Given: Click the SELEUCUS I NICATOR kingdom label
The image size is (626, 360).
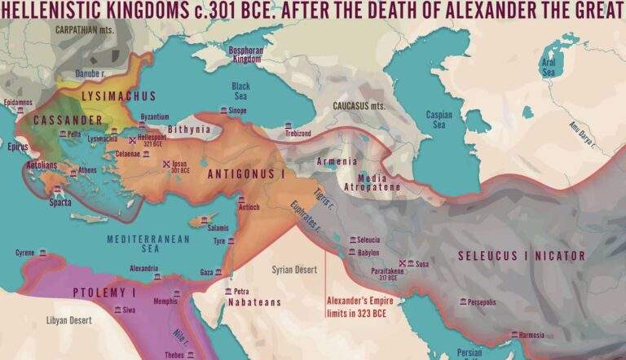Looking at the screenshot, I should (x=521, y=256).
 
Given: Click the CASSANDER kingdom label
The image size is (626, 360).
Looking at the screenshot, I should (x=68, y=120).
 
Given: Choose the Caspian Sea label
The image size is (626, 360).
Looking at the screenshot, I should (x=439, y=120).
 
